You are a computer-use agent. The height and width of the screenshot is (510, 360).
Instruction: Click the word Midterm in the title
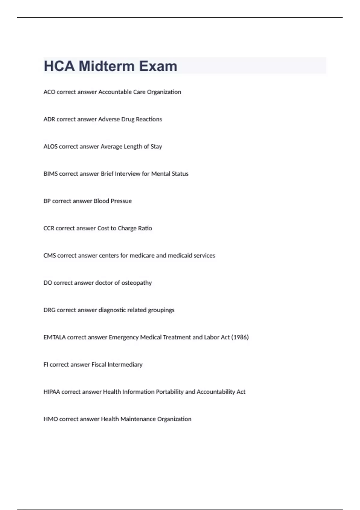coord(106,66)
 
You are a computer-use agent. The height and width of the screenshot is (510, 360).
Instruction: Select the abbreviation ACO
coord(49,92)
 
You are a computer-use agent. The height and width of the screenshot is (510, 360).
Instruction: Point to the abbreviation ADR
coord(49,119)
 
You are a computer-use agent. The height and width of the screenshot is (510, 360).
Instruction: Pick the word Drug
coord(128,119)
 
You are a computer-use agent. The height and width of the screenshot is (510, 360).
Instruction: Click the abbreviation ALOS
coord(50,147)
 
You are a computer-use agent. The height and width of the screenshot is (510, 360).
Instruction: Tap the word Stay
coord(156,147)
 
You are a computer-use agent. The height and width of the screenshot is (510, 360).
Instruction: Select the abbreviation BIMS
coord(50,174)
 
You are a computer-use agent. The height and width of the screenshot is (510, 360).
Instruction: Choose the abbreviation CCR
coord(49,229)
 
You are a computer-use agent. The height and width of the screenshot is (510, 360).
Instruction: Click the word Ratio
coord(145,229)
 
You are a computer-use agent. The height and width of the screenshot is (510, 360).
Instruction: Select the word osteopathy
coord(136,283)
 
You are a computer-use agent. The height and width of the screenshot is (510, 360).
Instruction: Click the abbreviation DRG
coord(49,310)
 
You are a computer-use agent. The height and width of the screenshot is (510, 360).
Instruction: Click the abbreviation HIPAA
coord(52,392)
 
